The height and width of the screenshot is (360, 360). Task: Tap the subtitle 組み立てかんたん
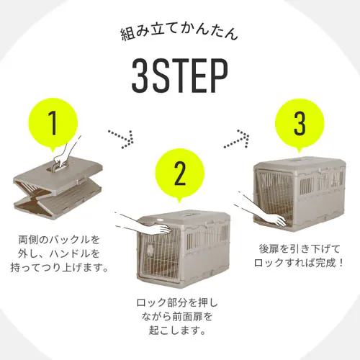(x=180, y=34)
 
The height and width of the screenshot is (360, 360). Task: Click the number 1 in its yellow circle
(x=52, y=124)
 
